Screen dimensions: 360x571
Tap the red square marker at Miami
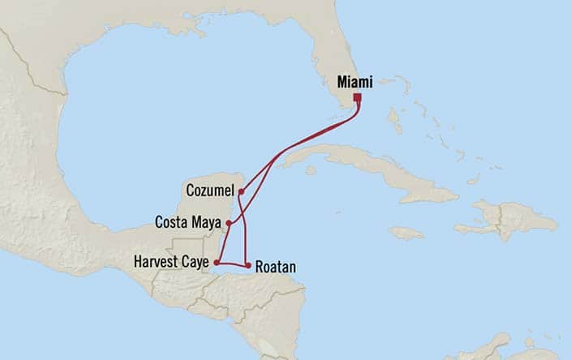pos(357,98)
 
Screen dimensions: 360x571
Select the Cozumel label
pos(209,190)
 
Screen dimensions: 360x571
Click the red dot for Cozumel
pos(241,191)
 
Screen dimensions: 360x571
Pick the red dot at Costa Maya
pos(229,222)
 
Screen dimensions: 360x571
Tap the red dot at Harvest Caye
pos(217,263)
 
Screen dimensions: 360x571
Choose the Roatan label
pos(274,266)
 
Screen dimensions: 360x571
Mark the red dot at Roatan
pos(247,265)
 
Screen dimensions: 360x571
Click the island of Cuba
pos(365,166)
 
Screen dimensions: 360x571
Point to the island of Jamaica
pos(406,233)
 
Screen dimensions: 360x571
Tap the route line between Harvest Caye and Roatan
pos(232,264)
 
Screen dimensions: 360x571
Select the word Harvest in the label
pos(154,262)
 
